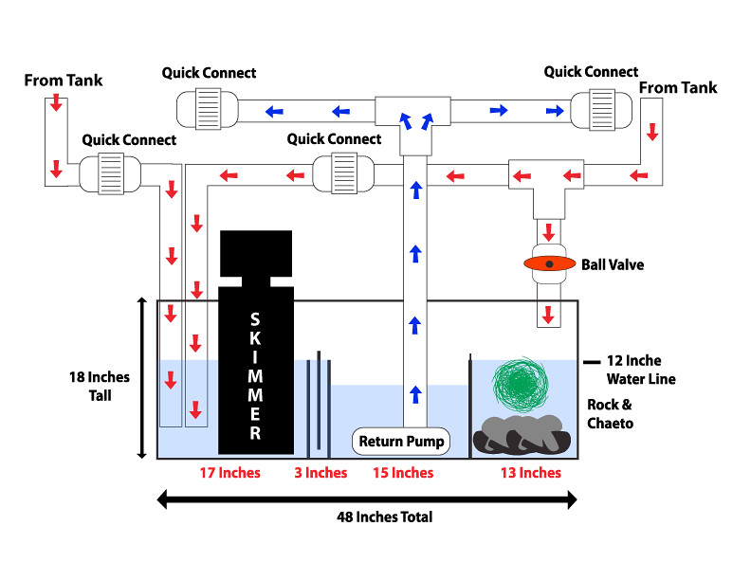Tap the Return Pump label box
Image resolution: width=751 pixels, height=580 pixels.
pos(401,442)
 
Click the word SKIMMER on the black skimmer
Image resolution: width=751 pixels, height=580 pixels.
pos(255,375)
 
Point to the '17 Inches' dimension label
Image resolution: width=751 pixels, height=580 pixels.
pos(229,472)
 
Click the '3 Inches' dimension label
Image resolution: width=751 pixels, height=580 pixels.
pos(321,472)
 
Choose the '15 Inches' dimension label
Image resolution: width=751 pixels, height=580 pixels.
pos(402,472)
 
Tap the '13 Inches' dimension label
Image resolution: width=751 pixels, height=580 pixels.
pos(529,472)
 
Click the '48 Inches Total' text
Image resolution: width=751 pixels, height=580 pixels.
pos(385,517)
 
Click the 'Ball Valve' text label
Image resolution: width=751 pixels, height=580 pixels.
pos(613,264)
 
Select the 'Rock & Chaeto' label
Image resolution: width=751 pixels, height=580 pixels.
pos(611,415)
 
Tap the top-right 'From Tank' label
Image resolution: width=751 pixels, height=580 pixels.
pos(679,87)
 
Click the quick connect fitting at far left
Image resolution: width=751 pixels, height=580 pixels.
pos(104,173)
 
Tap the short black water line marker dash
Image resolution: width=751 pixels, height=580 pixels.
pos(593,361)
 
